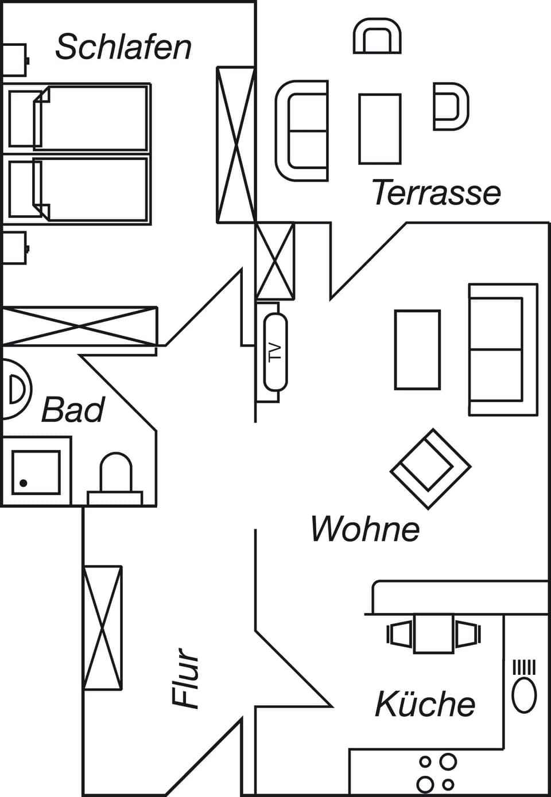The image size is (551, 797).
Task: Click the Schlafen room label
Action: coord(123,47)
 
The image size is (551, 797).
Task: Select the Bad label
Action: coord(73,410)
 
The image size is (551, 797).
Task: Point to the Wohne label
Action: coord(365,528)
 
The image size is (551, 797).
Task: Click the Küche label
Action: coord(425,704)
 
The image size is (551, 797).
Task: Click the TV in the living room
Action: coord(275,351)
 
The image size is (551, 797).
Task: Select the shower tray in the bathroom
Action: coord(36,472)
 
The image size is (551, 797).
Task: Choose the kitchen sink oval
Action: coord(523,695)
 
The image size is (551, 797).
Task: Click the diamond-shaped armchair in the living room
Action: coord(430,468)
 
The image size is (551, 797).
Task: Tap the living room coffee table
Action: coord(417,349)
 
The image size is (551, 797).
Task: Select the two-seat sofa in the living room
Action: coord(502,349)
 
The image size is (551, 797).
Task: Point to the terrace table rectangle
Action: coord(379,129)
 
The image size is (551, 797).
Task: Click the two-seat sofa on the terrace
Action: coord(302,131)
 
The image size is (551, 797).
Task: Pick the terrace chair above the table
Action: coord(377,37)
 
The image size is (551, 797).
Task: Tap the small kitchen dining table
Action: coord(434,633)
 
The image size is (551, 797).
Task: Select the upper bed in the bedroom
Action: coord(79,119)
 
